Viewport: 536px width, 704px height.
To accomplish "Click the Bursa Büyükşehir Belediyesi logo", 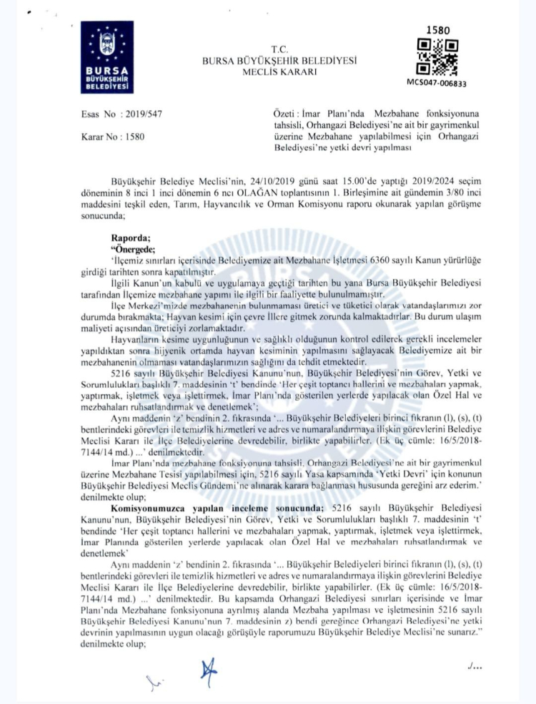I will (x=106, y=58).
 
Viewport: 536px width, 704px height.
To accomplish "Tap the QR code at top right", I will (x=437, y=57).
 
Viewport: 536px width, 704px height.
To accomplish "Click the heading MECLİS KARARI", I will (x=279, y=71).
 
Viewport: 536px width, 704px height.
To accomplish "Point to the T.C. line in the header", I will (x=279, y=49).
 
